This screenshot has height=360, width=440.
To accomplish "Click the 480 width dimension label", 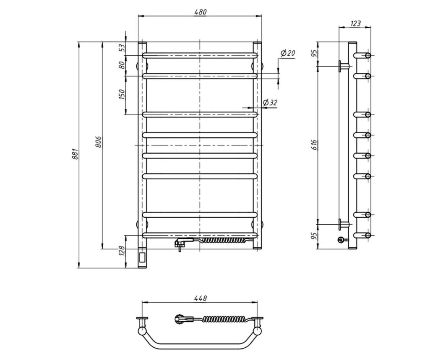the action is pos(200,12).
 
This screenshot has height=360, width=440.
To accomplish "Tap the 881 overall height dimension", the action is pos(75,154).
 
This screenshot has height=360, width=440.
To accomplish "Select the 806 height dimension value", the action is pos(98,142).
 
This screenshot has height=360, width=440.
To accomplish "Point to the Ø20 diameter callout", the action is pos(288,53).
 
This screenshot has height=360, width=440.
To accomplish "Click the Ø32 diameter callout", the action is pos(270,103).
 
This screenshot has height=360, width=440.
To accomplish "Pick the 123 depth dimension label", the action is pos(355,23).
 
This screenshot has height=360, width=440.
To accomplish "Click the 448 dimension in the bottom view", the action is pos(200,298).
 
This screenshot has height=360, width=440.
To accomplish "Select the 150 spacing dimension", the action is pos(122,94).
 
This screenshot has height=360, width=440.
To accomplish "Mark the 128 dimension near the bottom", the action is pos(122,251).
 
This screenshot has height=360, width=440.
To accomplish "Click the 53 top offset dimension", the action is pos(123,48).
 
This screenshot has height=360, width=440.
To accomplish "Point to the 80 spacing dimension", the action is pos(122,65).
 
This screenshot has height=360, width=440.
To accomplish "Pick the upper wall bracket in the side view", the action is pos(344,66).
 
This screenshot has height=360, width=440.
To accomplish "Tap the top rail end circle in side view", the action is pos(368,56).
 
